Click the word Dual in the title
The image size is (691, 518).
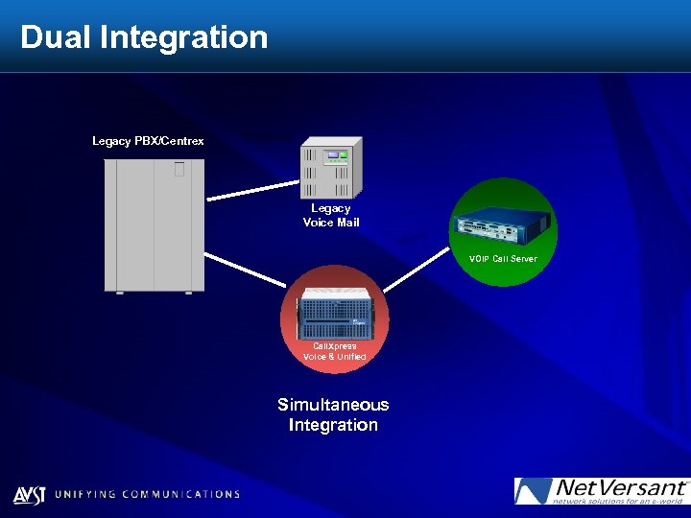56,37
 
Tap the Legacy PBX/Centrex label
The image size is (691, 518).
148,141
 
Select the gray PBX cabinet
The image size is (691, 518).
154,225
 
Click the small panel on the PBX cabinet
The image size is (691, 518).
179,170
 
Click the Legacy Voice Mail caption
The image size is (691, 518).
331,215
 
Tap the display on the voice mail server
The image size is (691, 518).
335,154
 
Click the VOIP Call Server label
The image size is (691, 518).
503,259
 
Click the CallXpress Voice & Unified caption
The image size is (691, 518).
335,351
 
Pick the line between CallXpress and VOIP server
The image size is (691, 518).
417,271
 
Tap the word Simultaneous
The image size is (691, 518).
333,405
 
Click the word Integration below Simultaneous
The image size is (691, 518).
333,425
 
